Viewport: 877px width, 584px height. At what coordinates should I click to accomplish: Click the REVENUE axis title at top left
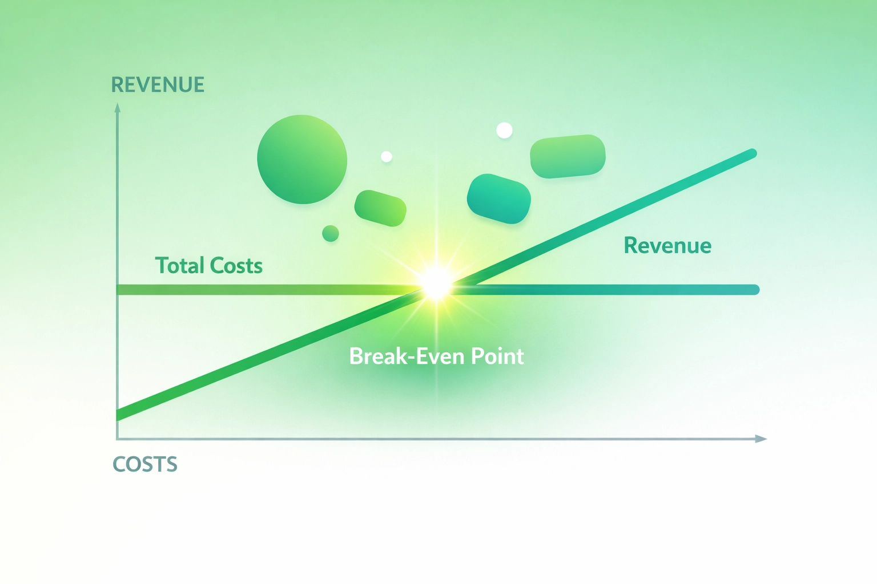158,85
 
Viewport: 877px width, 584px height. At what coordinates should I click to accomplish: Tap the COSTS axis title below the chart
145,464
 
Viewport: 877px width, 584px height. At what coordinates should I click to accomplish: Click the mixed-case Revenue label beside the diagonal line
667,246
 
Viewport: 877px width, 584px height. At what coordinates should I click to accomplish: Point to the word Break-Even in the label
407,356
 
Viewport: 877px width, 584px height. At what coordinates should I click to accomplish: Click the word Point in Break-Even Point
497,356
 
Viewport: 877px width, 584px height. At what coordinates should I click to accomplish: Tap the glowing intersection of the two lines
437,283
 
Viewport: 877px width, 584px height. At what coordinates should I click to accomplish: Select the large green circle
302,159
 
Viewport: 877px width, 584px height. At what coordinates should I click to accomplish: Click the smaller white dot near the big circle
387,156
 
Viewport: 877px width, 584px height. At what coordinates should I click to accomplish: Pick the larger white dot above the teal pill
504,131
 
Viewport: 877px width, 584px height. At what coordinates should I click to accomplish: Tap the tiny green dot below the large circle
331,233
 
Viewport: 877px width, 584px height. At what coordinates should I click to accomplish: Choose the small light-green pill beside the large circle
380,208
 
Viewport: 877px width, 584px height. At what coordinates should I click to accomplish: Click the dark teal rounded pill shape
499,198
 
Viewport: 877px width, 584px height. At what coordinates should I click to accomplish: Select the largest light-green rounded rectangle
568,156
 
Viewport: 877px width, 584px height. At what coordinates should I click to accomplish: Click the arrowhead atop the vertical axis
118,107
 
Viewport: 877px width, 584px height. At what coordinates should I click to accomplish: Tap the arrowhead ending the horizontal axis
761,439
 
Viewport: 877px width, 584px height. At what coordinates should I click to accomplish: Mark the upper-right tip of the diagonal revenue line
753,153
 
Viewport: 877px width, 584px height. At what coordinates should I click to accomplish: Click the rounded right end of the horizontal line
755,290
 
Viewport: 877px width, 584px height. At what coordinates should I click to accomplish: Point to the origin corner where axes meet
118,439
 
